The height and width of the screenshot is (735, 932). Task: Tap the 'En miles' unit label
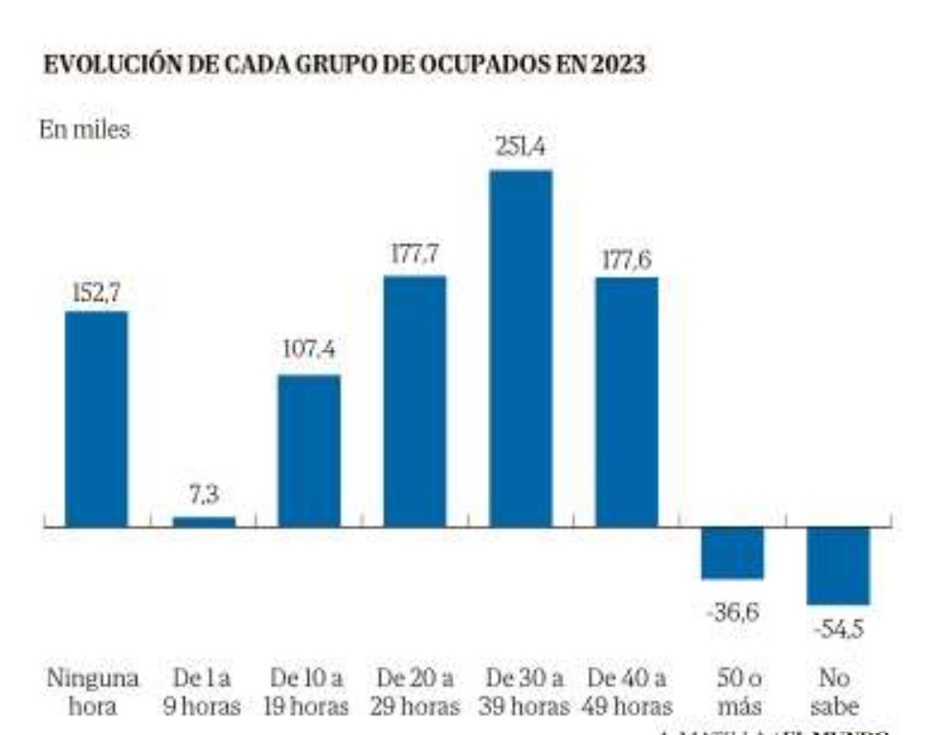click(84, 131)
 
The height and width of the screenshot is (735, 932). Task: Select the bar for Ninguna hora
click(96, 419)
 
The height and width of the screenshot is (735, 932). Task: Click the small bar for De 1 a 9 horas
click(203, 522)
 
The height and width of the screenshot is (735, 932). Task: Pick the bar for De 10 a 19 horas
click(309, 451)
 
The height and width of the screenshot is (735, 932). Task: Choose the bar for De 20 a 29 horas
click(414, 401)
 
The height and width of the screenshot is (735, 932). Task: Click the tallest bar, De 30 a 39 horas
click(521, 348)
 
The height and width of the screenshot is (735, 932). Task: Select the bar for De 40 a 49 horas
click(627, 402)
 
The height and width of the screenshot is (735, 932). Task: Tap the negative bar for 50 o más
click(732, 553)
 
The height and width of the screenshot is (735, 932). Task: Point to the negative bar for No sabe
click(838, 566)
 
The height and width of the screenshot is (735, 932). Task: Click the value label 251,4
click(521, 148)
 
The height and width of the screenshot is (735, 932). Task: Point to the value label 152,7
click(96, 290)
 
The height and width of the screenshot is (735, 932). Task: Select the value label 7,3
click(203, 496)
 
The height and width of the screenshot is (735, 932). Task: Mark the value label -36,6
click(732, 612)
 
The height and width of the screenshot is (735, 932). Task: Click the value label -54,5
click(838, 630)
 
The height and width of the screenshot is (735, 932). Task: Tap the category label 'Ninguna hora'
click(94, 692)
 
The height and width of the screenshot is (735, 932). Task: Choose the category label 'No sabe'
click(839, 692)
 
